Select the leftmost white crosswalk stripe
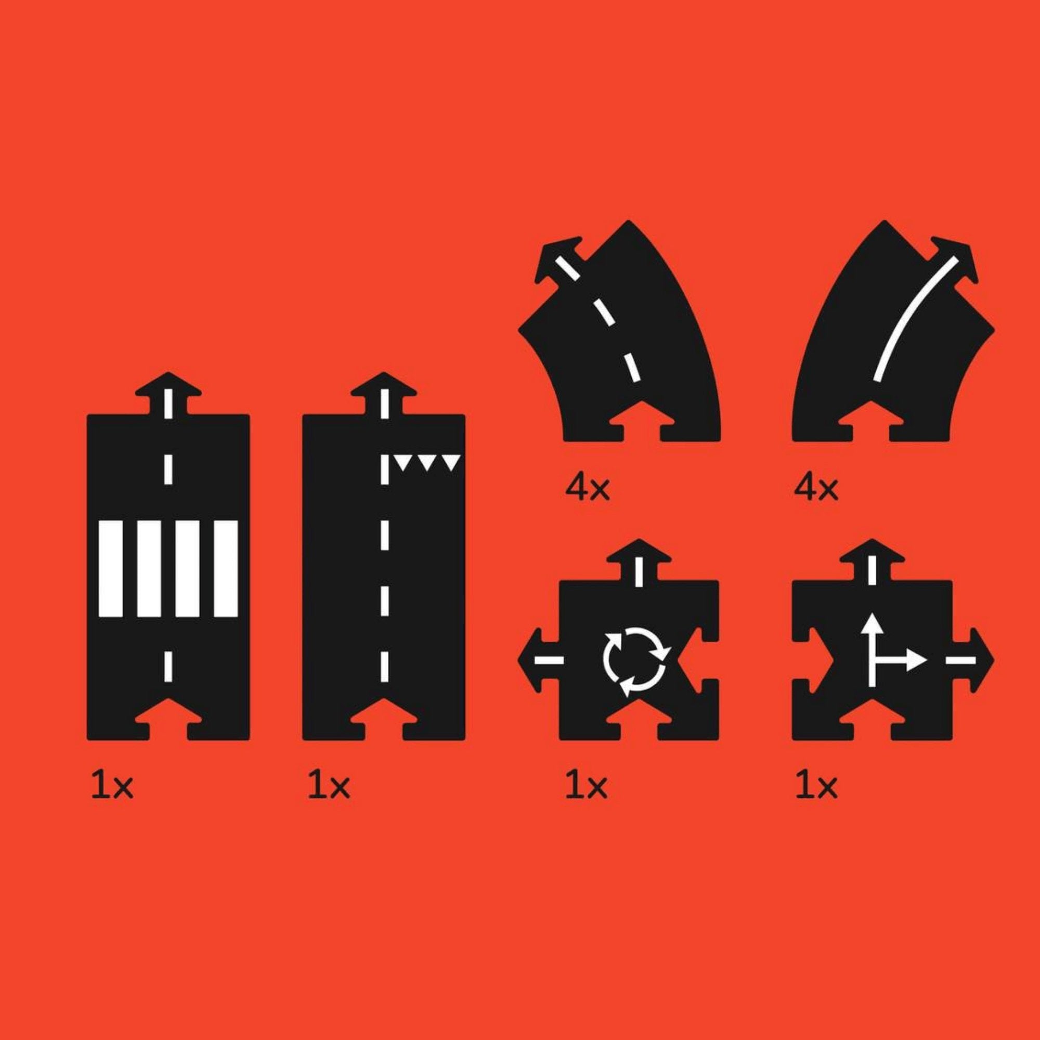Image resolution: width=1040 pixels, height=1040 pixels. click(111, 568)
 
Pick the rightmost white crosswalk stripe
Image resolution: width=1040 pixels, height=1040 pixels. click(226, 568)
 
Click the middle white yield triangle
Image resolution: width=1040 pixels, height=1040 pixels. click(427, 462)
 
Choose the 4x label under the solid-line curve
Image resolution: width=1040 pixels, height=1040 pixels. click(816, 489)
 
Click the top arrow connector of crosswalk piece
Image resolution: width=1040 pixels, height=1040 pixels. click(168, 393)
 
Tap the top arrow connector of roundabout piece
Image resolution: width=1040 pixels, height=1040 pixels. click(639, 560)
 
